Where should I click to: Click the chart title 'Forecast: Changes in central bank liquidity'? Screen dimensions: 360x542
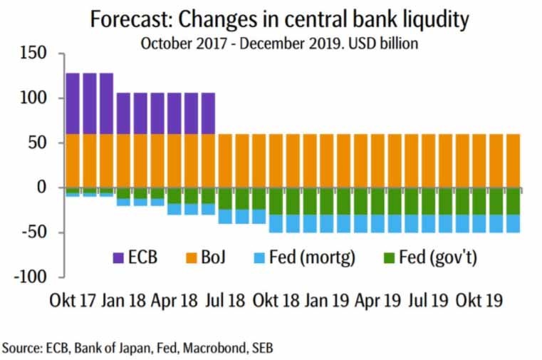[x=279, y=19]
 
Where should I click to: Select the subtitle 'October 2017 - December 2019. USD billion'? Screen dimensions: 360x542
[x=279, y=43]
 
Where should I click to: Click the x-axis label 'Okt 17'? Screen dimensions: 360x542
[x=72, y=300]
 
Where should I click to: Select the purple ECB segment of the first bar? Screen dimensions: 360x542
[x=72, y=103]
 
